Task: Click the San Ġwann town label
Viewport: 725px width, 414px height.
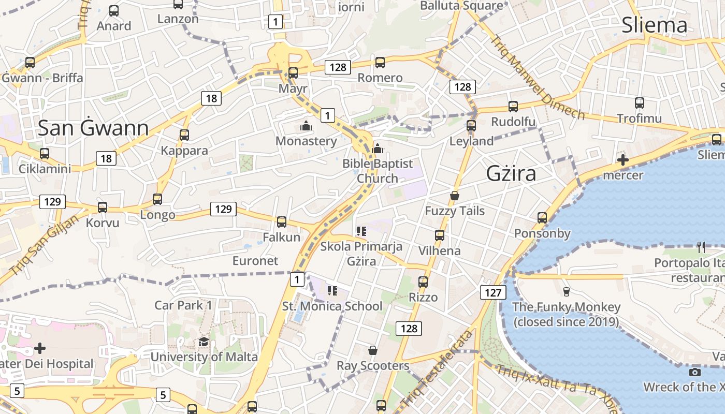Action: (93, 128)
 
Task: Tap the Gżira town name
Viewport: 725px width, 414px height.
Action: (511, 174)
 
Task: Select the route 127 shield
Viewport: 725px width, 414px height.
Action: (492, 293)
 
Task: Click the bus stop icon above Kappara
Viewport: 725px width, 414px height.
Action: (184, 135)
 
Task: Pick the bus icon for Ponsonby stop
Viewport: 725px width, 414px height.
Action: (542, 218)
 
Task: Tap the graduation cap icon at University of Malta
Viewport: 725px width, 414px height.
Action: (204, 342)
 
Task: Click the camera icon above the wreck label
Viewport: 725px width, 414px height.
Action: (695, 372)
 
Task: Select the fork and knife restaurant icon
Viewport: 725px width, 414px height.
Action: (701, 247)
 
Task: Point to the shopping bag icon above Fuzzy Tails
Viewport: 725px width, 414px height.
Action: (455, 196)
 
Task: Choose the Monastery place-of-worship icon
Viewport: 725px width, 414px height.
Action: (306, 126)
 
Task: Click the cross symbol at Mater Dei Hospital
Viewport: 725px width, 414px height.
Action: (40, 348)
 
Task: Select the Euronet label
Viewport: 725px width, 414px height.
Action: (255, 261)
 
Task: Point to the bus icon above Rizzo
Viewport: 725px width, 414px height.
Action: (423, 282)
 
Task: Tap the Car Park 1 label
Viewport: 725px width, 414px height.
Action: (183, 305)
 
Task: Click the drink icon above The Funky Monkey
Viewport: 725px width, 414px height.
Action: (566, 292)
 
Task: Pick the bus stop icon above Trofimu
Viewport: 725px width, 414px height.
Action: (640, 103)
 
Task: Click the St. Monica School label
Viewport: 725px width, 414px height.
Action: (332, 306)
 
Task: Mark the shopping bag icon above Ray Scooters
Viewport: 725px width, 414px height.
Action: (372, 351)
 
